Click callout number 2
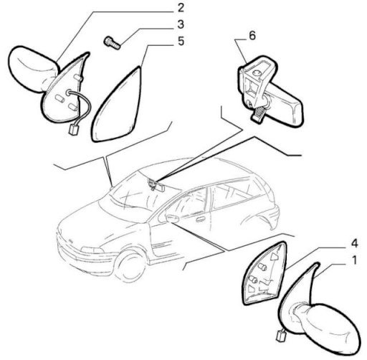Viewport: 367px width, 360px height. click(181, 8)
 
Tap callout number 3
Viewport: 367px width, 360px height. click(181, 24)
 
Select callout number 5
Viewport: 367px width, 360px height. click(181, 41)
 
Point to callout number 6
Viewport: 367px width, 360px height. click(252, 36)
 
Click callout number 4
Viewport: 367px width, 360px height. click(354, 244)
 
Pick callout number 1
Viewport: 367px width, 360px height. click(354, 260)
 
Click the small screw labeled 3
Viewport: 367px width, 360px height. click(113, 43)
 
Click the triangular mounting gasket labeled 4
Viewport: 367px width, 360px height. click(265, 273)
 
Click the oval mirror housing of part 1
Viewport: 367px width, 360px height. click(331, 329)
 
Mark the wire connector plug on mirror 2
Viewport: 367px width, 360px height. click(72, 130)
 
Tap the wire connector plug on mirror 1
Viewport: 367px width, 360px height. click(280, 335)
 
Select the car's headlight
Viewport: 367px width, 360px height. click(92, 250)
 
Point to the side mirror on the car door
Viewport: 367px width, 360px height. click(171, 219)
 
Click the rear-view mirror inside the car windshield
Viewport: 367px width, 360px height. click(157, 185)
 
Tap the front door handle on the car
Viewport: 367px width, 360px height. click(201, 219)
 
